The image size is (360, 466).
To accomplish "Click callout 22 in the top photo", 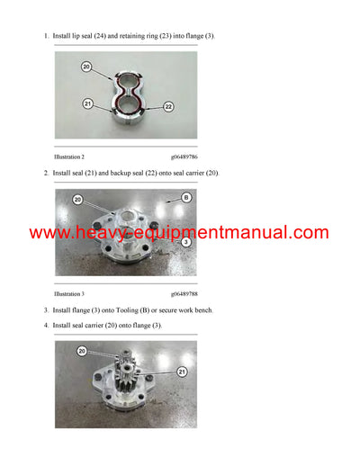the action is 168,107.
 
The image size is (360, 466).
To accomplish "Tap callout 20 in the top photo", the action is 86,67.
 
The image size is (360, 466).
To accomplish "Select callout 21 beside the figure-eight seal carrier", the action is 87,103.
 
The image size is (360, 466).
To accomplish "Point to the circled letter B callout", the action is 186,198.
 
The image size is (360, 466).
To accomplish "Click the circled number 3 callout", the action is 186,242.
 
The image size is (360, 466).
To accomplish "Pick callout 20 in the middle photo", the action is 77,200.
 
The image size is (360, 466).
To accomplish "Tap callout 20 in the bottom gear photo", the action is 82,351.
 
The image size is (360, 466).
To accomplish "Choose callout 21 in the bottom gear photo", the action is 182,372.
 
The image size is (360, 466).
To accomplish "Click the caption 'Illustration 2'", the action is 69,157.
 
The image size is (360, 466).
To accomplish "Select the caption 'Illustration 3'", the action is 69,294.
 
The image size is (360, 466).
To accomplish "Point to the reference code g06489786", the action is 184,157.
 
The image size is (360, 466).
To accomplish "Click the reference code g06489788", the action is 184,294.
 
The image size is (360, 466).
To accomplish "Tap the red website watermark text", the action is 179,233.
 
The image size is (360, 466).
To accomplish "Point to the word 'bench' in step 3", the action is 203,310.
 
